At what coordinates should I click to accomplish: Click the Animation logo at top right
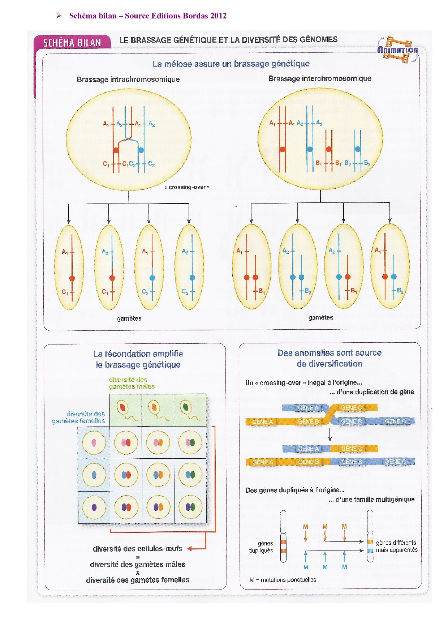click(x=397, y=50)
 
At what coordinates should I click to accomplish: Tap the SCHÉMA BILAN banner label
click(x=72, y=43)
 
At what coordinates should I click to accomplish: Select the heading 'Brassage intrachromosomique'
click(x=128, y=79)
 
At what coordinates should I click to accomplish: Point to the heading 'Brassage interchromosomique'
click(x=320, y=78)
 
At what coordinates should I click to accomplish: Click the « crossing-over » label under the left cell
click(x=187, y=187)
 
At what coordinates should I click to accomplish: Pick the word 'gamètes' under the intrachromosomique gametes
click(x=129, y=318)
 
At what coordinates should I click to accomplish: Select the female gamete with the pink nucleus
click(x=94, y=442)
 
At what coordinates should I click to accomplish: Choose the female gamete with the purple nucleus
click(x=94, y=507)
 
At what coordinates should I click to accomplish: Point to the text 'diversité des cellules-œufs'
click(x=137, y=549)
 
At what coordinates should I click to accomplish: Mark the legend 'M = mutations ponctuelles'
click(x=283, y=580)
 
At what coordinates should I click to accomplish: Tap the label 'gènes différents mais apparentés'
click(x=396, y=546)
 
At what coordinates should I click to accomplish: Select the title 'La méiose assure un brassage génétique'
click(x=231, y=64)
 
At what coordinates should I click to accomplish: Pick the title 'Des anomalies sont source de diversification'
click(x=329, y=358)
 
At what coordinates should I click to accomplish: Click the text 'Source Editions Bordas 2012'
click(x=176, y=16)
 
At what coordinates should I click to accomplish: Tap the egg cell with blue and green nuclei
click(x=190, y=475)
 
